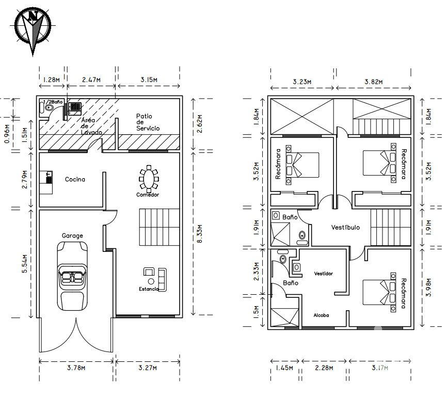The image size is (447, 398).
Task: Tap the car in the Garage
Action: click(72, 276)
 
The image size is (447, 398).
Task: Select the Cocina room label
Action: click(75, 179)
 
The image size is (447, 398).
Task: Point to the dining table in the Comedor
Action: click(149, 179)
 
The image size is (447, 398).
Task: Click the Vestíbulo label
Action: click(345, 227)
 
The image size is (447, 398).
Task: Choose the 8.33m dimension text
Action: click(200, 234)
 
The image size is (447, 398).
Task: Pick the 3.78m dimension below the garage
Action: click(76, 368)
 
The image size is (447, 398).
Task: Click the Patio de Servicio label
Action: click(148, 122)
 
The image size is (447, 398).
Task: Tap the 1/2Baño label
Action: click(53, 102)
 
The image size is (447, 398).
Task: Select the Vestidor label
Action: click(324, 274)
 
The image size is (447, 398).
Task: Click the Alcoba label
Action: click(321, 315)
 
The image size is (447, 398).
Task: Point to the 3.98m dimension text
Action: click(428, 288)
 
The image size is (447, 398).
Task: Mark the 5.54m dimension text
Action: click(25, 263)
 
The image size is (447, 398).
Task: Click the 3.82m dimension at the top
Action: click(374, 82)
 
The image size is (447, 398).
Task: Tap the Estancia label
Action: click(149, 289)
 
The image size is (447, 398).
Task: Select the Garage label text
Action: click(72, 235)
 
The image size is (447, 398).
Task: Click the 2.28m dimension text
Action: click(324, 368)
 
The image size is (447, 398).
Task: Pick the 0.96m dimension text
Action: click(7, 134)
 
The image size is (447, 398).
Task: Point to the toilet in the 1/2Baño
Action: click(49, 108)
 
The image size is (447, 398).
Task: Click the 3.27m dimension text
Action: click(148, 368)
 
